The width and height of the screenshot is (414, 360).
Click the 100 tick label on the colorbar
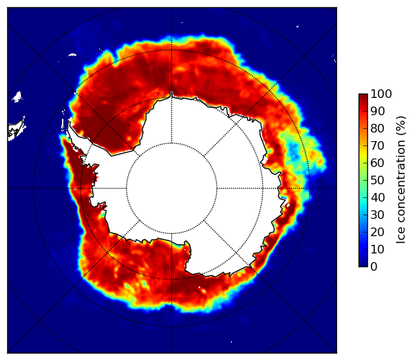381,94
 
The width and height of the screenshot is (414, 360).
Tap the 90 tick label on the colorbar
377,111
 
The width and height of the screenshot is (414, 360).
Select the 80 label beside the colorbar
377,128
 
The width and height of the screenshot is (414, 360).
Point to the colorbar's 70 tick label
377,145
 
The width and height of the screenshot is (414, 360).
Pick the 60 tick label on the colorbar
377,163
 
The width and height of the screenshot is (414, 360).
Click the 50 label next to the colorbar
377,180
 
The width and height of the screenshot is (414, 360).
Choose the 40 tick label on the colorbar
377,197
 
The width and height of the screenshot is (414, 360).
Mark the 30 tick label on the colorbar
377,215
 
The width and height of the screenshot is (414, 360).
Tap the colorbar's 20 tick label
377,232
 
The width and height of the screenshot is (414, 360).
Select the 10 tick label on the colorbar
377,249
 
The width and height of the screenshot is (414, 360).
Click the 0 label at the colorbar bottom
374,266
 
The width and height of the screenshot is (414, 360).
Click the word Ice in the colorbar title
401,236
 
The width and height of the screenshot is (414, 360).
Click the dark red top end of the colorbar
363,96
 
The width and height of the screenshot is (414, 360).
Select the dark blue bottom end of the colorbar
363,265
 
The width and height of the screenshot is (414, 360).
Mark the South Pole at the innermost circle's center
171,189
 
